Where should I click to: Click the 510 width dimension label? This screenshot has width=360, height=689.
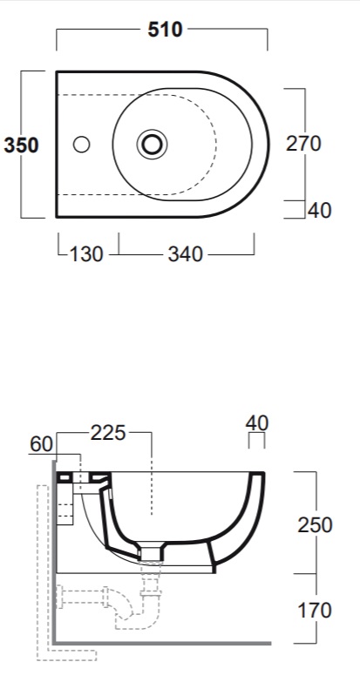pos(165,30)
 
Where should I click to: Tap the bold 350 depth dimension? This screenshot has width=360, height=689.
pos(21,145)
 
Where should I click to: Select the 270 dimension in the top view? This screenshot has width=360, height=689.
pos(303,143)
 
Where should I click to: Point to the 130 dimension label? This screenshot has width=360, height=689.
pos(86,254)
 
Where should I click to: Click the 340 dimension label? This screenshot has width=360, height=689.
pos(185,254)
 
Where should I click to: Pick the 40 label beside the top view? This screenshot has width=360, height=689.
pos(320,211)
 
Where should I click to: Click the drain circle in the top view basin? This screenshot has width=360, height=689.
pos(152,144)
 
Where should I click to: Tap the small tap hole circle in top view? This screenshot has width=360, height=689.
pos(81,144)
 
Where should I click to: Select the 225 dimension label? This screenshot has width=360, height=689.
pos(108,433)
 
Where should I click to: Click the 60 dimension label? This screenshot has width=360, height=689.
pos(41,444)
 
